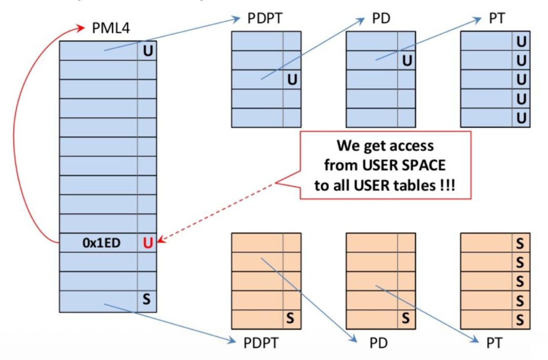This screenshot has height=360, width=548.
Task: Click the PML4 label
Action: click(x=111, y=28)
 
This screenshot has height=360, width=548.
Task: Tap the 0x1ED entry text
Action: click(x=101, y=243)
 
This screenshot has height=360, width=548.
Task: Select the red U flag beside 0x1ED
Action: click(x=148, y=243)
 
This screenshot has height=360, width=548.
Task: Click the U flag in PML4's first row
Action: click(x=148, y=51)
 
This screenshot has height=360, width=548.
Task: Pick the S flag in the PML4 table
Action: click(x=146, y=299)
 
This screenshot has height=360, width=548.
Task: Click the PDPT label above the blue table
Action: click(x=265, y=18)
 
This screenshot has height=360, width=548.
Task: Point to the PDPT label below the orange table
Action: click(x=261, y=343)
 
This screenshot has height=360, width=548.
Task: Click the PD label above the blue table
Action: click(x=381, y=18)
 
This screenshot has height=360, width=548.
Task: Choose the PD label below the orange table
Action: click(x=379, y=343)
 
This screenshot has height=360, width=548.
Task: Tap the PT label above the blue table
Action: click(x=497, y=18)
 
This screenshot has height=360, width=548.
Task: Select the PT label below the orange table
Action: click(x=494, y=343)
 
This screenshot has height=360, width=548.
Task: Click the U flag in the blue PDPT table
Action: click(x=292, y=80)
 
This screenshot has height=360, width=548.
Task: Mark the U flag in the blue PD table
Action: click(x=407, y=60)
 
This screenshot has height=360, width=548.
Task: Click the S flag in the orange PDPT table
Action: click(x=290, y=318)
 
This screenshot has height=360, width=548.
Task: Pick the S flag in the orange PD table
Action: click(x=405, y=318)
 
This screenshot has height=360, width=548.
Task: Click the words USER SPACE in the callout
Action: click(x=404, y=165)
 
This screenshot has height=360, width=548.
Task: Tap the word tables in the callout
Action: click(x=416, y=185)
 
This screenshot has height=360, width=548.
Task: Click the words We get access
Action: click(x=385, y=146)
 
